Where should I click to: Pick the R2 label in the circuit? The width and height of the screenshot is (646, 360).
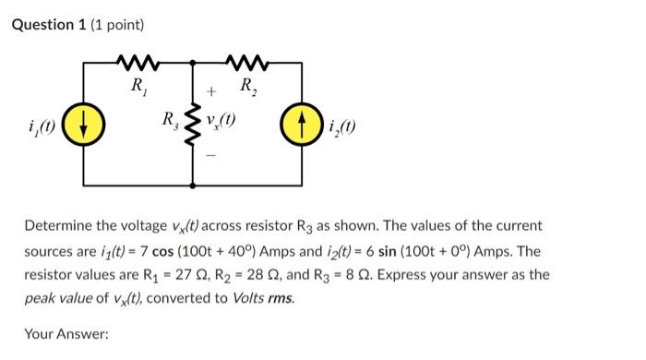coord(247,89)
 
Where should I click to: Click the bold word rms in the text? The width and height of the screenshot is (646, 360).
coord(281,299)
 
